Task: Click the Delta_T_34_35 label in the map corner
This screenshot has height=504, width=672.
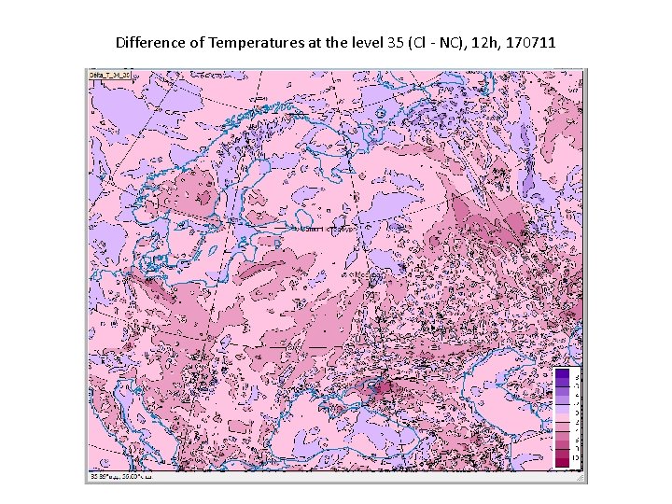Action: tap(109, 75)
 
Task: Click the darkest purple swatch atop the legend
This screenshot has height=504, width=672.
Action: tap(562, 374)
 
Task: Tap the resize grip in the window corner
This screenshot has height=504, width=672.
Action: tap(580, 477)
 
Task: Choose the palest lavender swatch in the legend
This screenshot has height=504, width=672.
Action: tap(562, 411)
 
